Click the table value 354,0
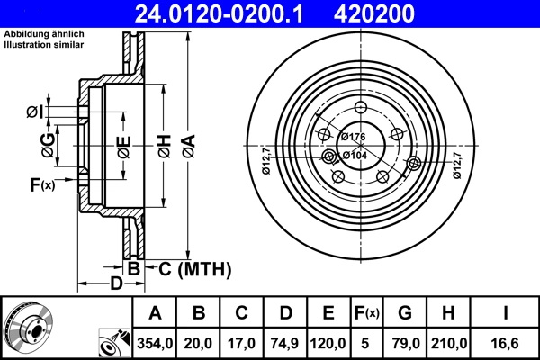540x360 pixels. pos(156,340)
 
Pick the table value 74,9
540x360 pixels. pos(285,340)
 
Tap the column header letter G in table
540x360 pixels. pos(404,312)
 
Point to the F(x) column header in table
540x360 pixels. pos(366,312)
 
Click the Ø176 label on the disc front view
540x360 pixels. pos(354,137)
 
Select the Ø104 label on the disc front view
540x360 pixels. pos(354,155)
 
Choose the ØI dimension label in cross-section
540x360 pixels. pos(32,112)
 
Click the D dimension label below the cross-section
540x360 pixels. pos(116,284)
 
